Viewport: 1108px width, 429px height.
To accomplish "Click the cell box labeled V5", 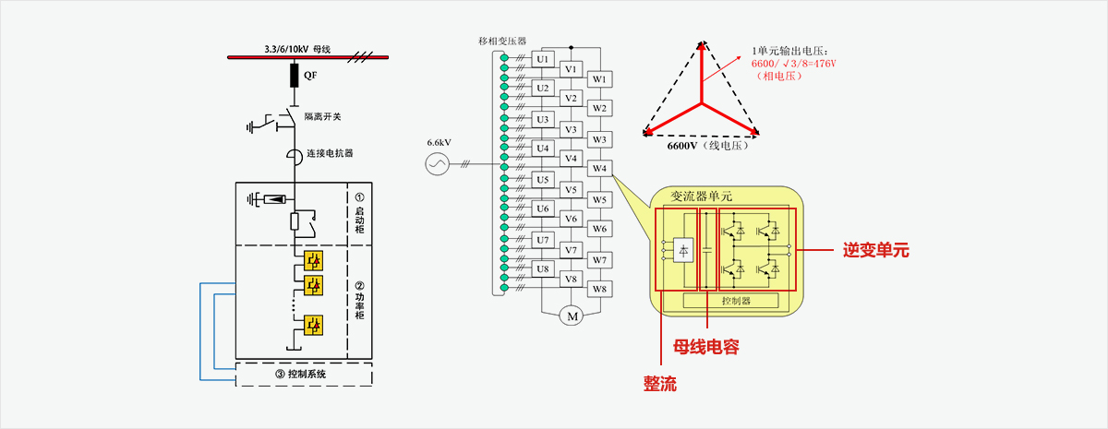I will pos(571,190).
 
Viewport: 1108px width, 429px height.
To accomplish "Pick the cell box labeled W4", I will pos(600,169).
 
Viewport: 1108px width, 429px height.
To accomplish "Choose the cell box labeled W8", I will pos(600,289).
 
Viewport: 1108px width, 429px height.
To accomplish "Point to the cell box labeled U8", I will pos(543,269).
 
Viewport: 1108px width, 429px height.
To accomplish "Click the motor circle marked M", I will pos(571,316).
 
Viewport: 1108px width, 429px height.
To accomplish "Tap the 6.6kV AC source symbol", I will pos(436,164).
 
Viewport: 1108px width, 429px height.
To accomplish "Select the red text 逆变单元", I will pos(876,250).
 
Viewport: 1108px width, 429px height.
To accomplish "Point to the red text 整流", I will pos(660,383).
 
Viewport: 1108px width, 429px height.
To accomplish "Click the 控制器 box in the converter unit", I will pos(737,300).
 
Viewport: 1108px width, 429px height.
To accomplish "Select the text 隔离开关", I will pos(323,117).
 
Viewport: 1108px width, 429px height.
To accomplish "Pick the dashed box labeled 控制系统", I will pos(305,375).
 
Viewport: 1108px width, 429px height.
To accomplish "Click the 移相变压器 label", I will pos(502,42).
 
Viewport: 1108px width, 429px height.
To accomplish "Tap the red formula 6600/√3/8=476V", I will pos(793,63).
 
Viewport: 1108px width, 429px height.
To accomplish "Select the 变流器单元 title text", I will pos(703,196).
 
